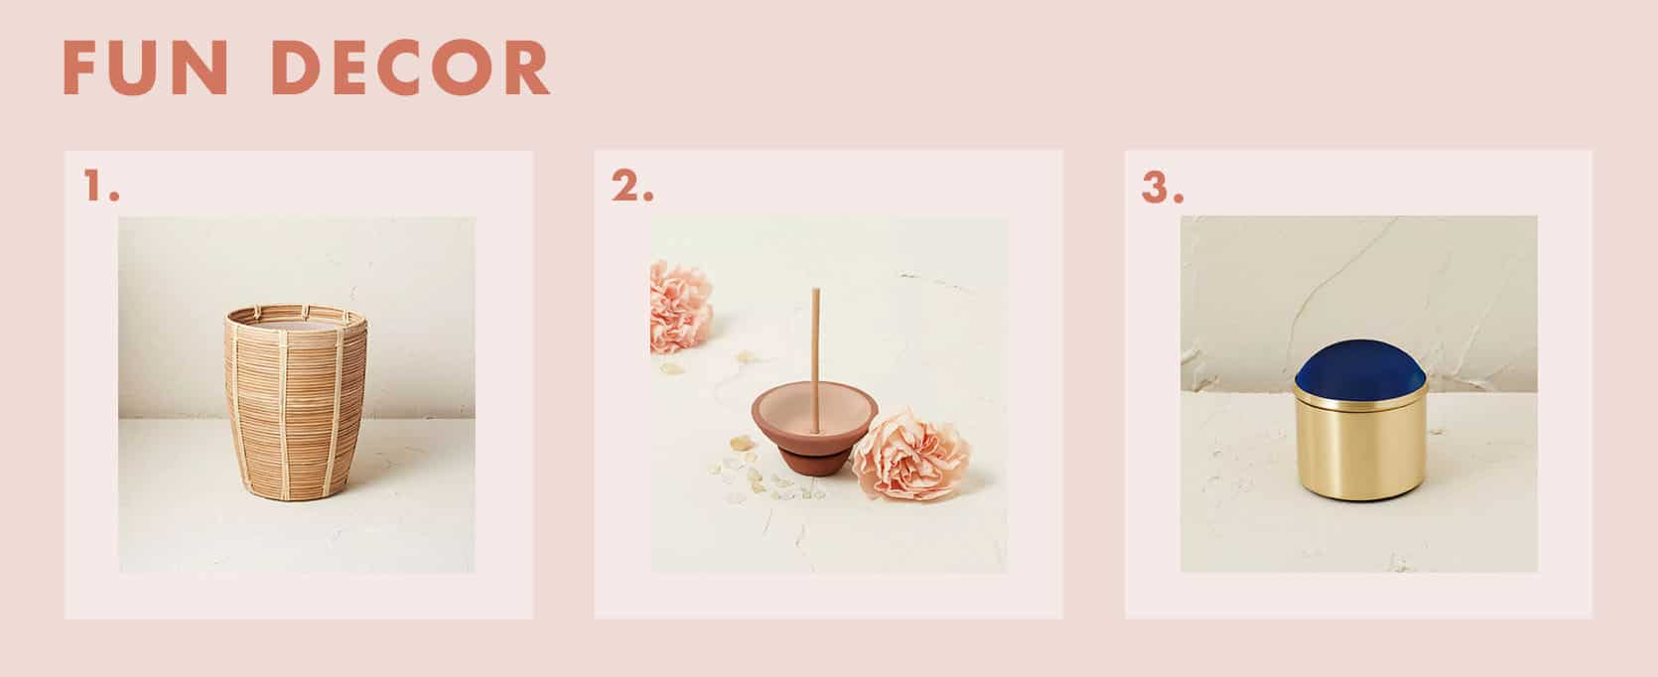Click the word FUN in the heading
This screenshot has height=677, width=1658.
(x=145, y=68)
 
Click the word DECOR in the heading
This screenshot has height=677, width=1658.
(x=411, y=68)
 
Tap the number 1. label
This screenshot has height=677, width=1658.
(x=101, y=186)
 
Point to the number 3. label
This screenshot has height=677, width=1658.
(x=1162, y=188)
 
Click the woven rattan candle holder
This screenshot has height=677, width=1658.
(x=295, y=402)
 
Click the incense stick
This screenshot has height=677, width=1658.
(x=815, y=359)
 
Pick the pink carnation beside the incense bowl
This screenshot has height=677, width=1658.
(x=911, y=454)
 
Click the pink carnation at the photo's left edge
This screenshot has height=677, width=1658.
(x=679, y=306)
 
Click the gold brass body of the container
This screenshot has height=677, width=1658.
(x=1360, y=449)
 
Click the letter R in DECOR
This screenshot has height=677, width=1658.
(x=526, y=68)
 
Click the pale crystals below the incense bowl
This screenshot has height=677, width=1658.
(x=762, y=474)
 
